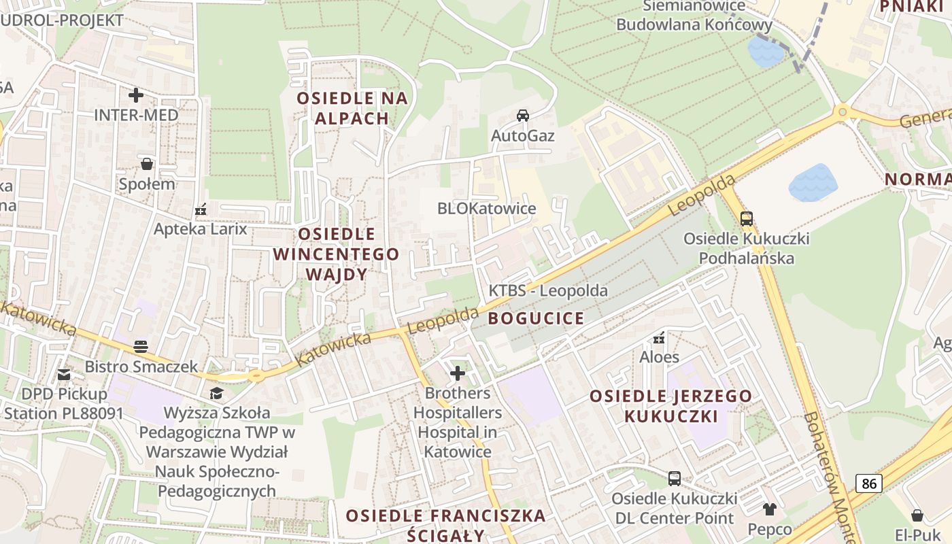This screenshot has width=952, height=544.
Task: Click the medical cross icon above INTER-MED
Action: coord(136,95)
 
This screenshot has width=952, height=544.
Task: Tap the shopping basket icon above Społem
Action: coord(147,164)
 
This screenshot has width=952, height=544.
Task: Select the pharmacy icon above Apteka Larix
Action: coord(201,209)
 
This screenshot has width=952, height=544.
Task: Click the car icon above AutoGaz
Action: coord(522,116)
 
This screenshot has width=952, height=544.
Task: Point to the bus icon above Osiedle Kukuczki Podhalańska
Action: coord(747,219)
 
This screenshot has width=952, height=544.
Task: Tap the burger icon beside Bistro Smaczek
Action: coord(141,347)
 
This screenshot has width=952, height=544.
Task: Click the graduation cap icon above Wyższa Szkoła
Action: coord(216,393)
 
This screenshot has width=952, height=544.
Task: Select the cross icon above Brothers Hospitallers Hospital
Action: coord(458,373)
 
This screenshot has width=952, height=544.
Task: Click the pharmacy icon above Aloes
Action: coord(658,337)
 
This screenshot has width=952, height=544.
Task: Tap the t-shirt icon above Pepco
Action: coord(769,509)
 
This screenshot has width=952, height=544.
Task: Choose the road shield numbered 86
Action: coord(868,483)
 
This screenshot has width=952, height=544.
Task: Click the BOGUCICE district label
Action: coord(537,318)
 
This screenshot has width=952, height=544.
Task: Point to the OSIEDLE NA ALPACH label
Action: coord(352,108)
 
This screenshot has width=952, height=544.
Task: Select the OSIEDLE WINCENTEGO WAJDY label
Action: coord(337,254)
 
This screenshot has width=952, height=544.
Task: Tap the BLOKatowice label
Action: coord(486,209)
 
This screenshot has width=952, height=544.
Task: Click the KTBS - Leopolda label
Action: coord(548,291)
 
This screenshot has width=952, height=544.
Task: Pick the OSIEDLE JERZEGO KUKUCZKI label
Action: coord(670,406)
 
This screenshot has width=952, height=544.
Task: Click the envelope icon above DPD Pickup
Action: coord(64,374)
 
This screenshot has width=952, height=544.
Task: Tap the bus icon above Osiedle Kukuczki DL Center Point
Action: coord(674,479)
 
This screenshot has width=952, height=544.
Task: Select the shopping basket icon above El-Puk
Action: coord(917,515)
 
